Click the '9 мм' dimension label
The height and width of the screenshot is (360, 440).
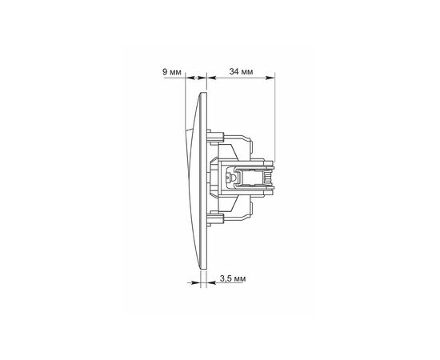[172, 72]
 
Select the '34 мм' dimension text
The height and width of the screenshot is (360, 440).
[241, 72]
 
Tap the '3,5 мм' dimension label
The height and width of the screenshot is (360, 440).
[233, 278]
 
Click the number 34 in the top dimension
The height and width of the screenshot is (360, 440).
[234, 72]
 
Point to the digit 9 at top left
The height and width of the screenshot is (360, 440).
[165, 72]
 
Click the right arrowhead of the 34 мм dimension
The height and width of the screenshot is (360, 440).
[270, 78]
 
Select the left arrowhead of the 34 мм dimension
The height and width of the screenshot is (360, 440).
[210, 78]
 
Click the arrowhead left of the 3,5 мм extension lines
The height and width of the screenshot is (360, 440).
[197, 282]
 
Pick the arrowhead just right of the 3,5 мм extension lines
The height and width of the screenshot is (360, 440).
[211, 282]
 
